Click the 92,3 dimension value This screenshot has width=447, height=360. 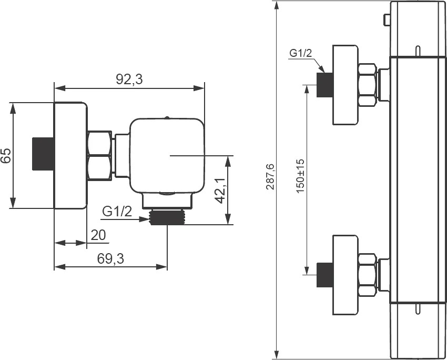click(x=129, y=79)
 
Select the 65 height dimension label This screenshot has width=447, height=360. click(x=6, y=155)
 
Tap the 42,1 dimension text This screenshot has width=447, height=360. click(x=220, y=191)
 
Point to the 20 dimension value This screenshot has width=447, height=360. click(x=98, y=235)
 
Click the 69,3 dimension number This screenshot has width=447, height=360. click(x=110, y=259)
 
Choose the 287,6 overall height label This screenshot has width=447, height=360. click(x=270, y=177)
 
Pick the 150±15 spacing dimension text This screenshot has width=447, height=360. click(x=300, y=176)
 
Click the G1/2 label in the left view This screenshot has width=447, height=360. click(x=117, y=212)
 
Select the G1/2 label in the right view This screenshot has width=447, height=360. click(x=301, y=53)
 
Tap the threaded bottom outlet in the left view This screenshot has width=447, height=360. click(x=167, y=217)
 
